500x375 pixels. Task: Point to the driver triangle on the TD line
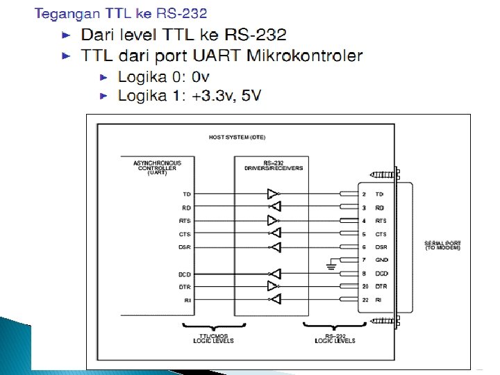click(x=274, y=194)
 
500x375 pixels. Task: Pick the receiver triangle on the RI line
click(x=275, y=299)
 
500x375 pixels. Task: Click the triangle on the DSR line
click(x=275, y=247)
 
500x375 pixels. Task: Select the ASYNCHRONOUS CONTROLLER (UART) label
click(x=156, y=167)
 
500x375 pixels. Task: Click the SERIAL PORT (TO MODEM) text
click(x=442, y=245)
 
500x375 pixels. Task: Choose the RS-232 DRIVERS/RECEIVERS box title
click(x=273, y=167)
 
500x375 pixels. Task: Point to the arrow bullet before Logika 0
click(x=104, y=76)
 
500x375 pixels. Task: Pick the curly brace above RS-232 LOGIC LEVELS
click(x=335, y=326)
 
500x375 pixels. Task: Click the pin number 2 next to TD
click(x=364, y=194)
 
